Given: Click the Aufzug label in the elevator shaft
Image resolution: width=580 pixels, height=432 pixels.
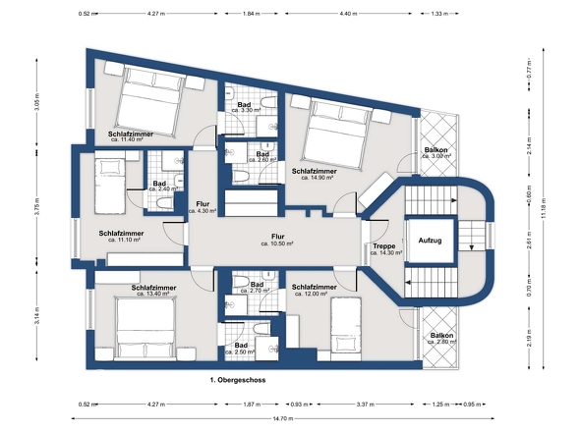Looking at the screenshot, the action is click(x=430, y=241).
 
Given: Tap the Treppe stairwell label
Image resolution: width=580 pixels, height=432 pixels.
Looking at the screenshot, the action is click(x=385, y=249).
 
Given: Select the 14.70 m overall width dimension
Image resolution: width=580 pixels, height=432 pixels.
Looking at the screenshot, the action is click(x=283, y=418).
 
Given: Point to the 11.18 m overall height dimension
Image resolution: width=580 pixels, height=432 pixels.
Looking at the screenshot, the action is click(x=544, y=208).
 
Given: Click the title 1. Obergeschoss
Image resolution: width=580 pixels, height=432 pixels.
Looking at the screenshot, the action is click(x=238, y=380).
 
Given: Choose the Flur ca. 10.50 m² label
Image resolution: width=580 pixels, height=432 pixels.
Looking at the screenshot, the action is click(x=277, y=240).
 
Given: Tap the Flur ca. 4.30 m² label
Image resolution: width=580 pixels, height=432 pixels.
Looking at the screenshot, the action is click(x=203, y=207).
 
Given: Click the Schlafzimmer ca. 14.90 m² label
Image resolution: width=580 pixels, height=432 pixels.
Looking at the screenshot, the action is click(x=314, y=174).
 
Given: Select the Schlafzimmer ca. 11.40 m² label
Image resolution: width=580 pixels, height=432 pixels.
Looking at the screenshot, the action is click(x=130, y=136).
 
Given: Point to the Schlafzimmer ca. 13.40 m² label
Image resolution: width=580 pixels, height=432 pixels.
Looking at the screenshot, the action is click(x=153, y=291).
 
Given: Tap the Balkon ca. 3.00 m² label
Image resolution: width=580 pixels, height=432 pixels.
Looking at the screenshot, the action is click(x=436, y=153).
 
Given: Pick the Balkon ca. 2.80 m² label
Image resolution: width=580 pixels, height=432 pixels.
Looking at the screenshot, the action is click(x=441, y=339).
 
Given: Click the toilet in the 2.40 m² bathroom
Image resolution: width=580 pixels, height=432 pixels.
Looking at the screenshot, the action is click(x=165, y=203).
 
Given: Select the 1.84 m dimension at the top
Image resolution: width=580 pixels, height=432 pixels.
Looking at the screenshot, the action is click(x=252, y=14).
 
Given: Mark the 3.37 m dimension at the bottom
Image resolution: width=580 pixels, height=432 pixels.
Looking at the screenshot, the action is click(x=365, y=405).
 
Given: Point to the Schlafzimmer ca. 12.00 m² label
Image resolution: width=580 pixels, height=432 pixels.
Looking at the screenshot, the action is click(x=314, y=290).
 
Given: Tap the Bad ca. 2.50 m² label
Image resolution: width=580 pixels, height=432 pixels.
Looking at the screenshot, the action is click(x=240, y=349).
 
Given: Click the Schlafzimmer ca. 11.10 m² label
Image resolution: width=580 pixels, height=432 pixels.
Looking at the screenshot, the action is click(x=121, y=237).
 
